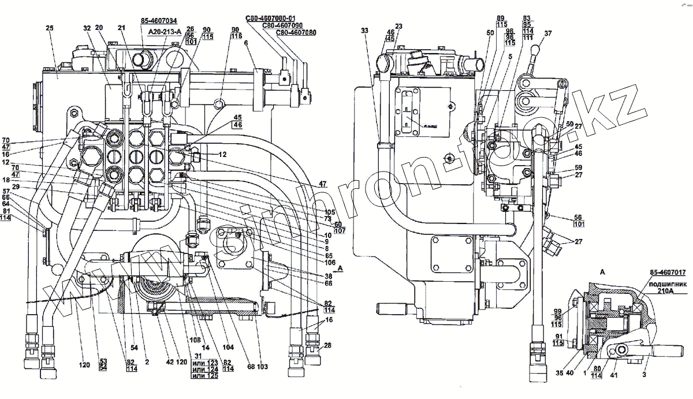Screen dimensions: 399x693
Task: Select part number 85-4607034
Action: coord(158,21)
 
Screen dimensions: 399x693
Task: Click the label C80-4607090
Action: coord(282,26)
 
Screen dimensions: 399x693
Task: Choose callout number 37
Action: coord(547,33)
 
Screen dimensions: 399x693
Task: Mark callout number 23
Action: coord(398,26)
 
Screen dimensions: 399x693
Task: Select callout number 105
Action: coord(330,211)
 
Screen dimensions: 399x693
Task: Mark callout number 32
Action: coord(87,28)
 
